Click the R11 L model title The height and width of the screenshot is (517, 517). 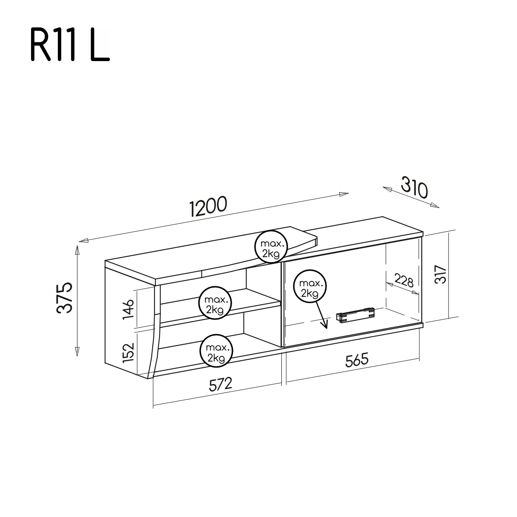[70, 46]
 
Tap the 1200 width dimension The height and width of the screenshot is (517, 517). [207, 207]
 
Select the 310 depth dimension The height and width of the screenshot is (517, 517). [414, 188]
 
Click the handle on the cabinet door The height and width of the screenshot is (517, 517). [355, 314]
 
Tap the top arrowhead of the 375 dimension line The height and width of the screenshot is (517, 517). [77, 250]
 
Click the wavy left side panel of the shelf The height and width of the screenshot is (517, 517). [156, 333]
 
